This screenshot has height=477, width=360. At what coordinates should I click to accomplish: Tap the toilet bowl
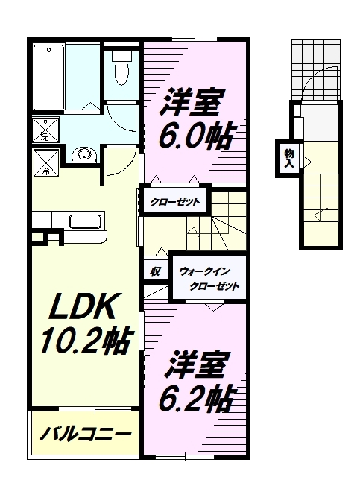click(121, 69)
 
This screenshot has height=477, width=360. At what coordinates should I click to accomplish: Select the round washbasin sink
click(86, 156)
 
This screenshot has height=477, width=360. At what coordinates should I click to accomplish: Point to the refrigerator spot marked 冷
click(44, 161)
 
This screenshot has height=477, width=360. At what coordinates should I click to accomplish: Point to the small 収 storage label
click(156, 271)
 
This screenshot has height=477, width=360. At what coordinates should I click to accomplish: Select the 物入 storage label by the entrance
click(288, 157)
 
